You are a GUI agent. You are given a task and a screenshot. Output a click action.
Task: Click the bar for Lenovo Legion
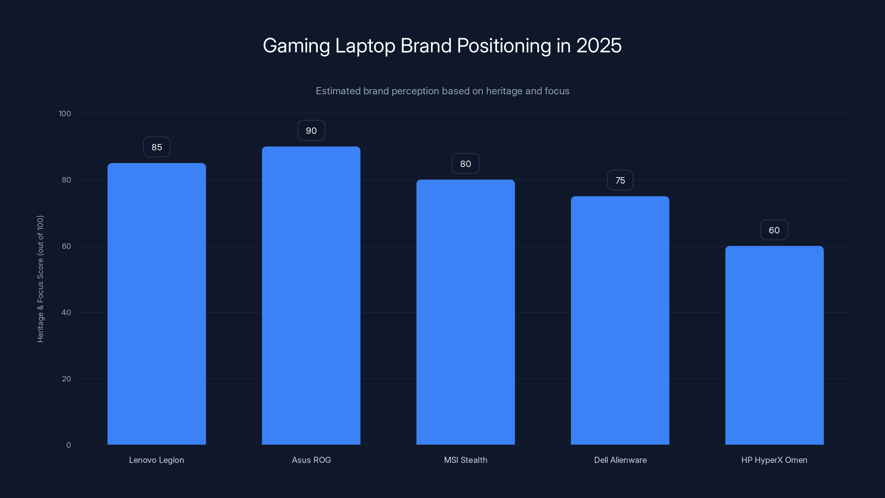point(157,304)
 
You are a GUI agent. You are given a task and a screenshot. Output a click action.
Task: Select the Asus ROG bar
point(311,295)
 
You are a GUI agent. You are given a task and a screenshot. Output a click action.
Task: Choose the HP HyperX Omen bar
point(774,345)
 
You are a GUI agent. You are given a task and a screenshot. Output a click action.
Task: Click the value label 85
point(157,147)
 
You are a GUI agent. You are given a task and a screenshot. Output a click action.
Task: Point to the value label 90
point(311,131)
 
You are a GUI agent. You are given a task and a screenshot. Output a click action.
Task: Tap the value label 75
point(620,180)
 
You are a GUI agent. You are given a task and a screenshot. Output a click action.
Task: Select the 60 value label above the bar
point(774,230)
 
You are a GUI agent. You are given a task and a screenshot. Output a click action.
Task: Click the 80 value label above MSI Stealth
point(465,164)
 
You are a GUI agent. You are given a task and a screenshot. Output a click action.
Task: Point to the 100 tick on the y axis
point(65,113)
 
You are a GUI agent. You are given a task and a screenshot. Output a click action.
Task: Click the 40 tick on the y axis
point(66,312)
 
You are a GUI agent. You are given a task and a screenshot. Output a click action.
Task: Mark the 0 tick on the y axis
point(68,445)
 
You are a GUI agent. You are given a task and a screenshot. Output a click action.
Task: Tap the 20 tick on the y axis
point(66,379)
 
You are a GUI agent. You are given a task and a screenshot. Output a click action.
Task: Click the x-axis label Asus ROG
point(311,460)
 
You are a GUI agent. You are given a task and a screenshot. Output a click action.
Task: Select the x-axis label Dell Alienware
point(620,460)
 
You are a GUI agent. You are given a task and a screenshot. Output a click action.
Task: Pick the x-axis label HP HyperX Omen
point(774,460)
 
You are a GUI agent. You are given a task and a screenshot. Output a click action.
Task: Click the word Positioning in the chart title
point(504,45)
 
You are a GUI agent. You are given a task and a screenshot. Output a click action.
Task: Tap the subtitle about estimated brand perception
point(442,91)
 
